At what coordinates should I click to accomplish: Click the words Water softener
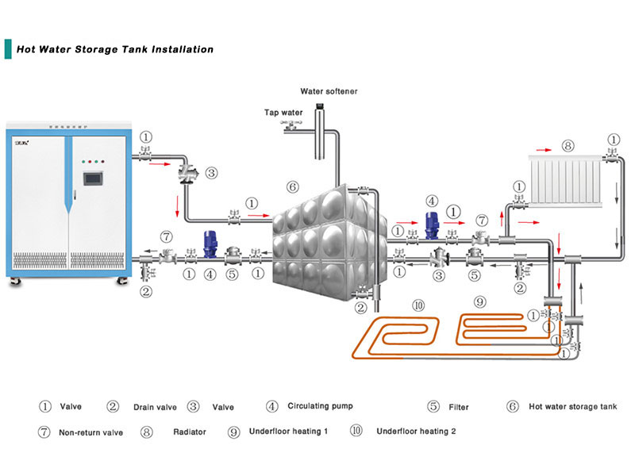[x=329, y=91]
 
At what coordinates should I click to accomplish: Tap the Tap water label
[x=283, y=113]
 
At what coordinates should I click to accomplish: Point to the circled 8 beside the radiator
[x=567, y=146]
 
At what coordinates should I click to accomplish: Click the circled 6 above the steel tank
[x=292, y=187]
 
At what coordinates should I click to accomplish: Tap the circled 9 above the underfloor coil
[x=479, y=301]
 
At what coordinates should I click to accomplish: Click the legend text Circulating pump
[x=320, y=406]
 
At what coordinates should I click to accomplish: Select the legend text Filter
[x=458, y=407]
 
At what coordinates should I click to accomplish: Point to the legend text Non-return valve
[x=92, y=432]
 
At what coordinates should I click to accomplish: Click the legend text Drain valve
[x=155, y=407]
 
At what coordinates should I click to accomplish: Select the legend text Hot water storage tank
[x=572, y=407]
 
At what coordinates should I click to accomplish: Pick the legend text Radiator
[x=190, y=432]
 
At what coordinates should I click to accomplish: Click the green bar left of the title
[x=8, y=48]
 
